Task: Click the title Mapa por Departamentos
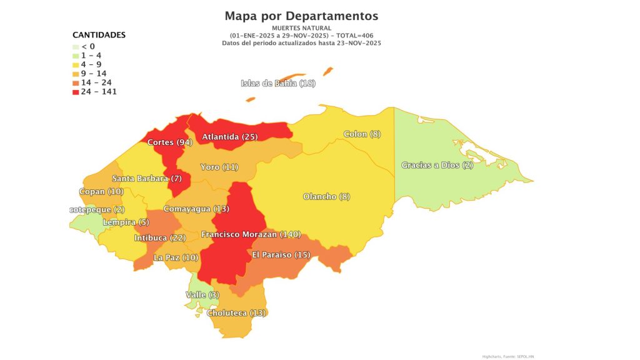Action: point(301,16)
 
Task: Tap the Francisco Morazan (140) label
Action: point(251,234)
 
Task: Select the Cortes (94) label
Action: point(169,142)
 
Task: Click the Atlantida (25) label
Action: point(228,136)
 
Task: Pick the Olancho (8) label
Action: point(326,196)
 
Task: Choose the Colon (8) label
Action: point(362,134)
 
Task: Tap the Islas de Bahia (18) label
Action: point(278,84)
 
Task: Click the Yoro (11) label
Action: point(219,167)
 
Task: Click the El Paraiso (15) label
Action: point(281,254)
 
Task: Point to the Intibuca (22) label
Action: point(160,238)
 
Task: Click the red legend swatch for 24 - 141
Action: point(76,92)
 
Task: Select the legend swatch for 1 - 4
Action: point(76,56)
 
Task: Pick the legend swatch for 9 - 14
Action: point(76,74)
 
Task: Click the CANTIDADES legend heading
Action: point(99,35)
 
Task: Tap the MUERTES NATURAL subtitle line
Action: point(301,28)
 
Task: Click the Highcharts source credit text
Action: point(507,356)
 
